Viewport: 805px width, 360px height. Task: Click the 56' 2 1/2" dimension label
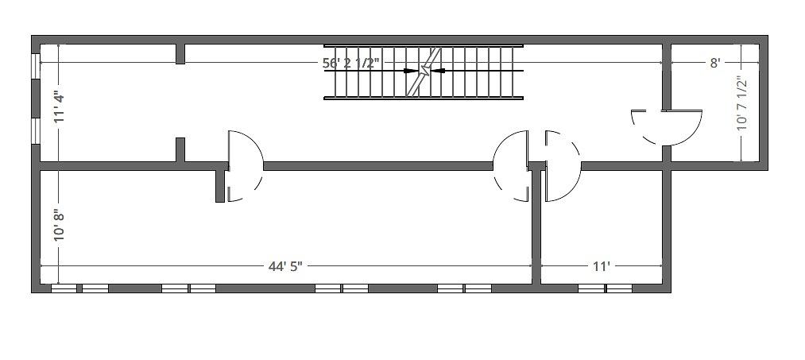(x=351, y=63)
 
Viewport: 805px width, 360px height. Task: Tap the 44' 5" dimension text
(x=285, y=266)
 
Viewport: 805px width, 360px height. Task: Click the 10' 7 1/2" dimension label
(x=742, y=103)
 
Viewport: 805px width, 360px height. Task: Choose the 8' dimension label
(x=715, y=63)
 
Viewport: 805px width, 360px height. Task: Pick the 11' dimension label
(x=602, y=266)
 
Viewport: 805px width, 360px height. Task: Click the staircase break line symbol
(x=424, y=72)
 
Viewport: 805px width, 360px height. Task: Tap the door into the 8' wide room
(x=667, y=127)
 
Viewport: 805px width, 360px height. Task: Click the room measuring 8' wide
(x=715, y=103)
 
